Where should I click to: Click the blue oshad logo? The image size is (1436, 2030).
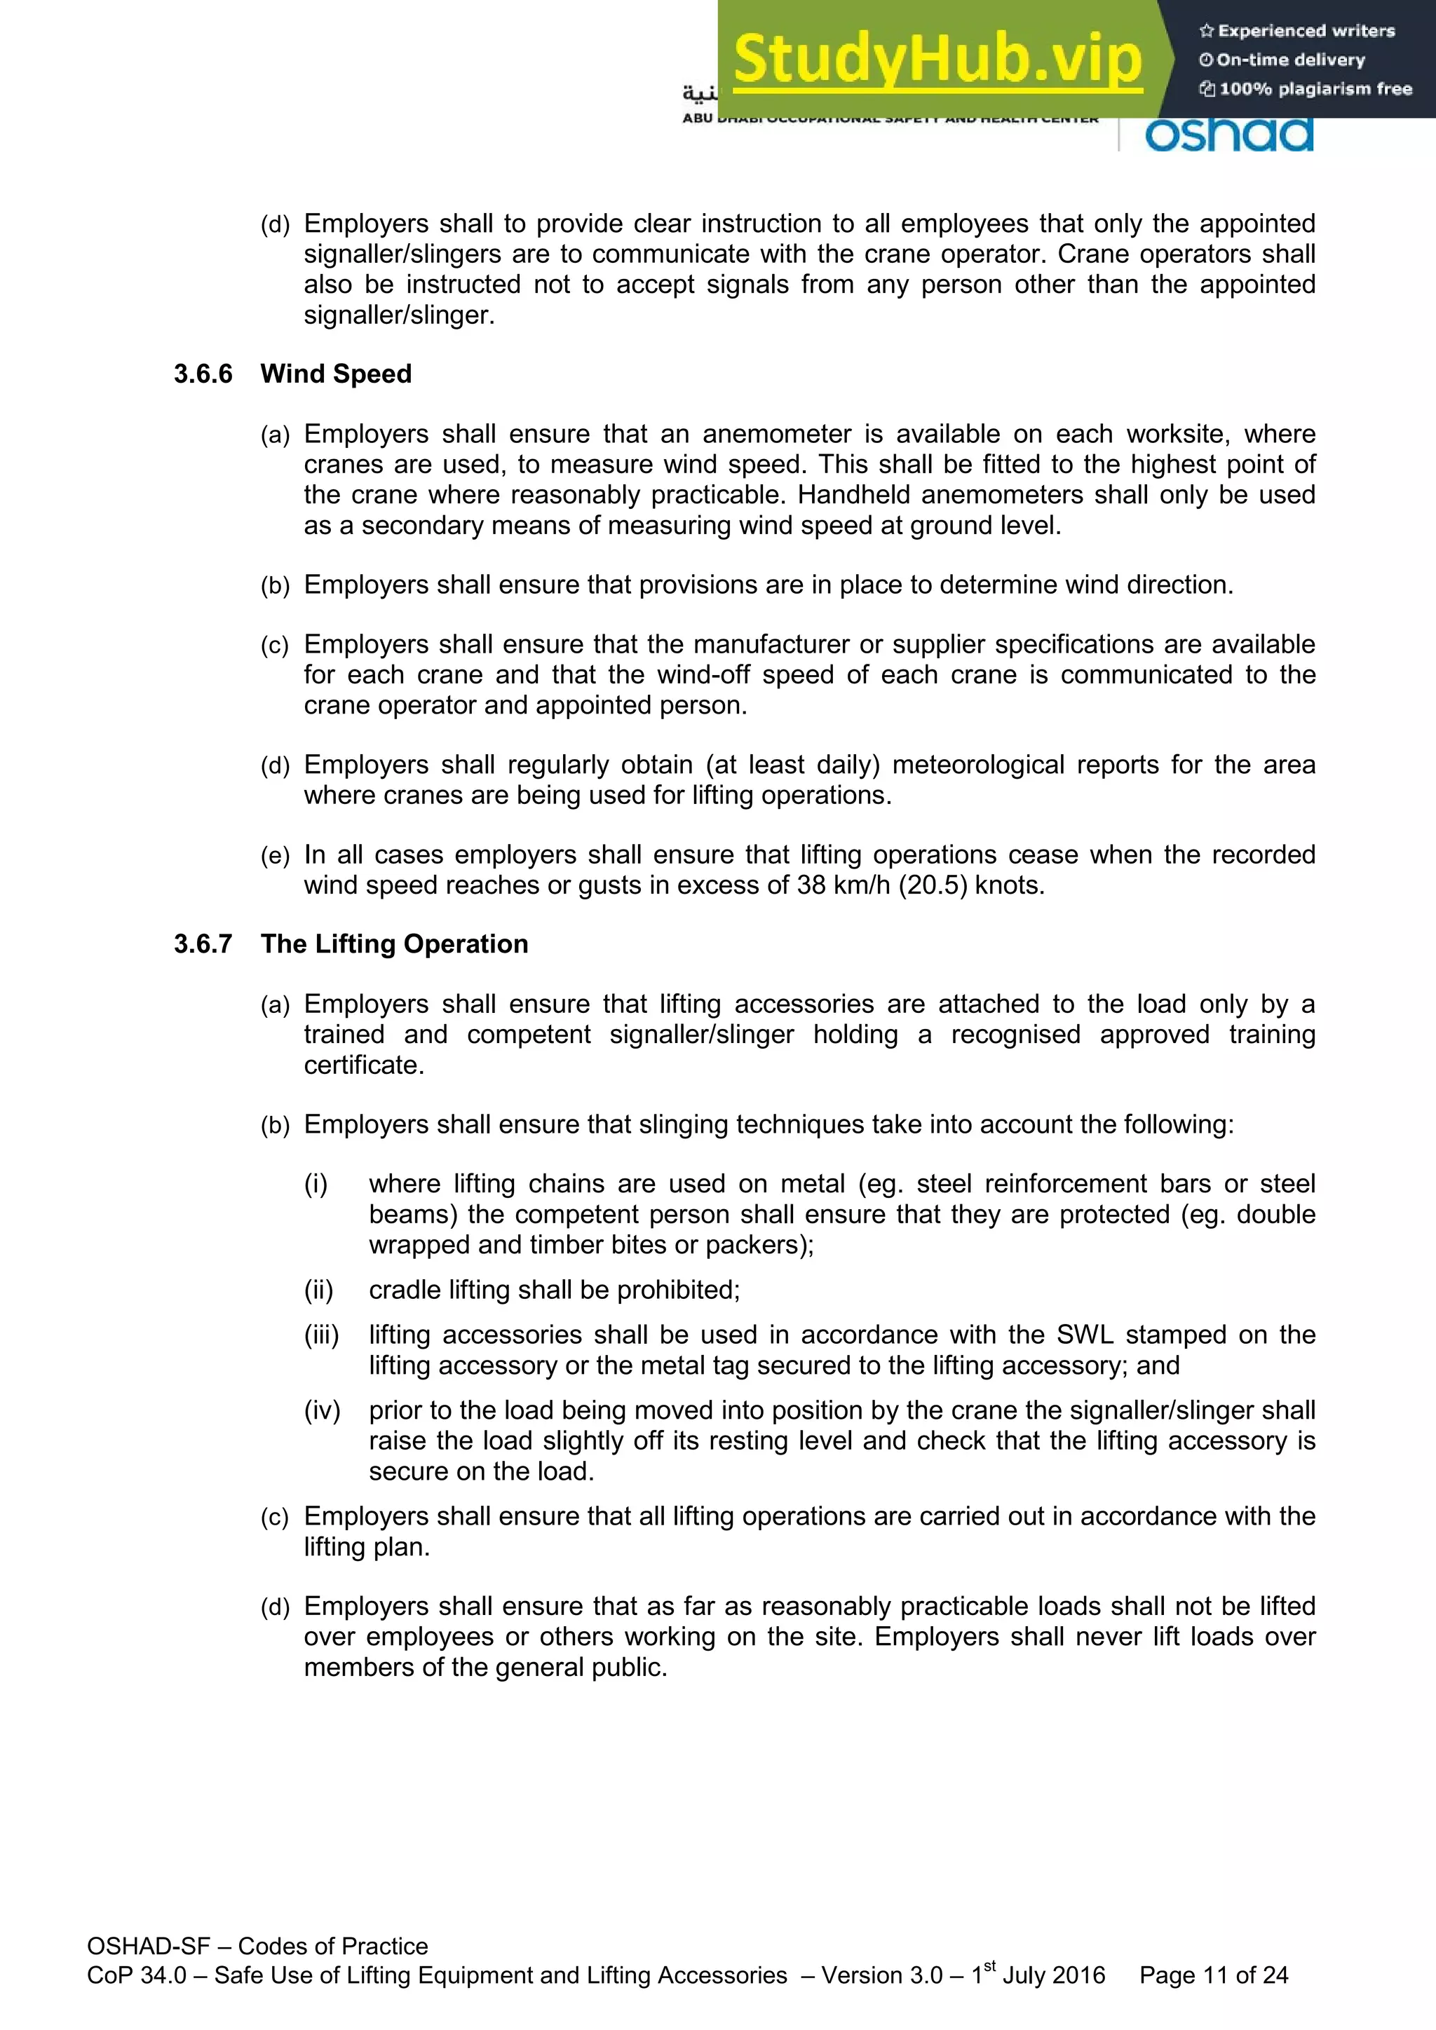coord(1229,135)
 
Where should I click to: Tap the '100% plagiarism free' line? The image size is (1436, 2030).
coord(1306,88)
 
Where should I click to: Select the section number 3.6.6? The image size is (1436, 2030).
coord(203,374)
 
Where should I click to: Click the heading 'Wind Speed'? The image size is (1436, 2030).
coord(336,374)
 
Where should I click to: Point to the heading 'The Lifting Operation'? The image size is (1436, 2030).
coord(394,944)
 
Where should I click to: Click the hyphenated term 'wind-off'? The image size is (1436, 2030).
coord(703,674)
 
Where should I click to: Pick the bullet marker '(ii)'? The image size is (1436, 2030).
coord(318,1290)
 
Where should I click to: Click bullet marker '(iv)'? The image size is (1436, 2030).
coord(322,1410)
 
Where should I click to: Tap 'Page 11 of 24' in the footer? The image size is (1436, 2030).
coord(1213,1975)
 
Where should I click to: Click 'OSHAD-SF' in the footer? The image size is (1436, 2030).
coord(149,1946)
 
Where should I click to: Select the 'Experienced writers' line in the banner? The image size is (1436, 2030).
coord(1297,31)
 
